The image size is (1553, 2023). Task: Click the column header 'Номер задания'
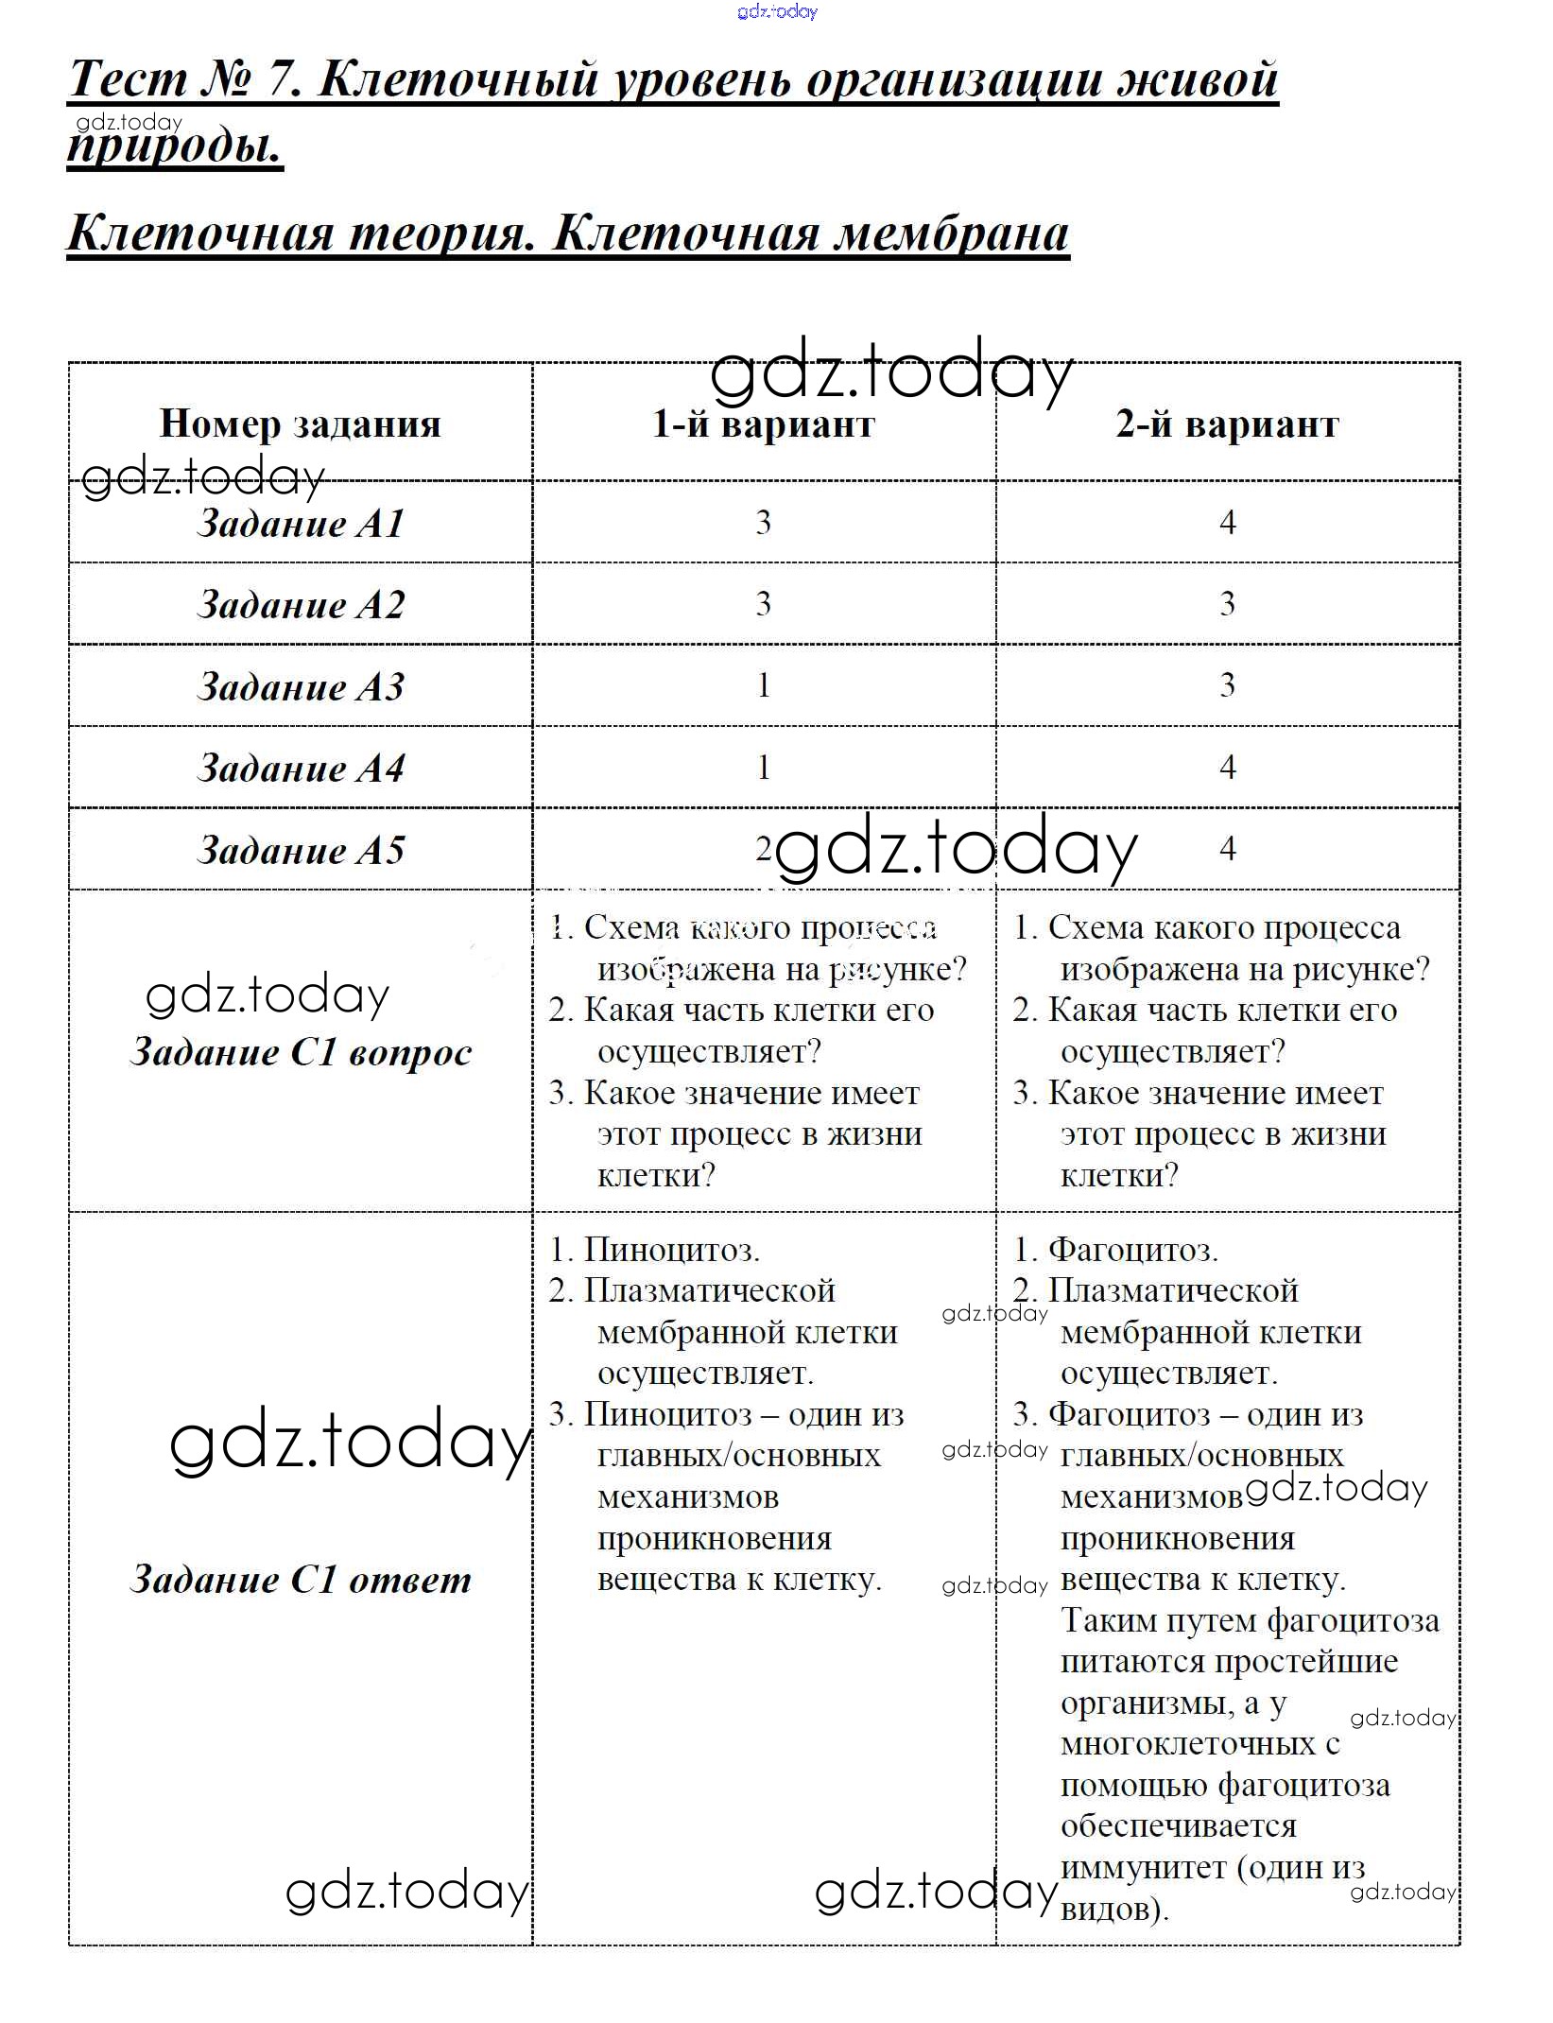300,424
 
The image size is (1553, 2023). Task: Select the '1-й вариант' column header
763,424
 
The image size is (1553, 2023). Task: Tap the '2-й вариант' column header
1227,424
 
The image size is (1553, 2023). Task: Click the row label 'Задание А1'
301,523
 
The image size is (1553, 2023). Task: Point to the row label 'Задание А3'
301,686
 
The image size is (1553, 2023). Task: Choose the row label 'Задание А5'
301,850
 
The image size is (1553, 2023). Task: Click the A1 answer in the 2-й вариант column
1227,522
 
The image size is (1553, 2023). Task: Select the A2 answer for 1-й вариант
763,603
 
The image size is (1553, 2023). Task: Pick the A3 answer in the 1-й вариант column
763,685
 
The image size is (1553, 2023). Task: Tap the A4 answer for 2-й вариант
1227,767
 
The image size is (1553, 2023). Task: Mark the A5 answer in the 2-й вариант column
1227,848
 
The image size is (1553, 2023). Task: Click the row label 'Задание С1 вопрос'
301,1052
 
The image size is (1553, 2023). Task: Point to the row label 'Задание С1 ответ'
301,1580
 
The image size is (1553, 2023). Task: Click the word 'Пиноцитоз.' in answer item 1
671,1250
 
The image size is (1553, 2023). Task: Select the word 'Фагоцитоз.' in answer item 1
1132,1250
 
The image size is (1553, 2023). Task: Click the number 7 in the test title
281,78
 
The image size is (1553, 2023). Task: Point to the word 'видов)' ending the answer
1113,1909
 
